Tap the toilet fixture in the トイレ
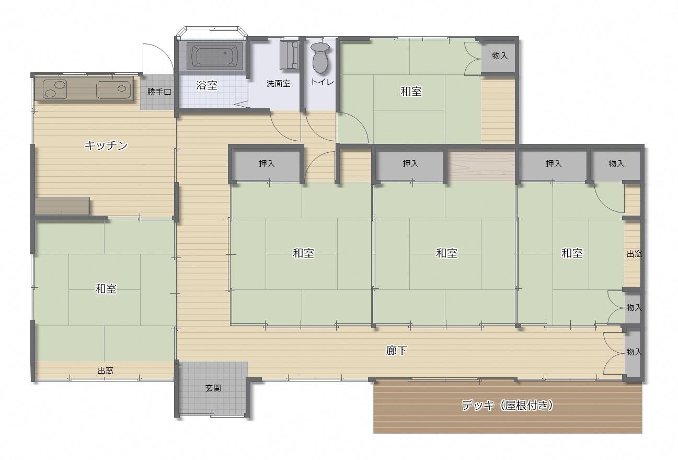click(320, 58)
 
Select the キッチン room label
click(106, 145)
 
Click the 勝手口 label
click(159, 92)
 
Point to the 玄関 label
click(213, 388)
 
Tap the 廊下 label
click(396, 350)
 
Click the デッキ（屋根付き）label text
click(507, 405)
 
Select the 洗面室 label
click(278, 84)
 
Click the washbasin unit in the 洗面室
click(289, 55)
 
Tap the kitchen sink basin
click(114, 89)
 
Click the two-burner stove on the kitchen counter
click(54, 89)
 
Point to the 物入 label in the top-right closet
click(500, 56)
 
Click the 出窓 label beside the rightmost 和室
click(634, 254)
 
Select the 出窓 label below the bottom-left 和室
click(105, 371)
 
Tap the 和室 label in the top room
click(411, 91)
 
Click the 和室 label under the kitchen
click(106, 288)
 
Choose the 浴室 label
click(206, 85)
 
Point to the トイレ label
click(322, 82)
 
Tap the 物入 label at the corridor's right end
click(634, 352)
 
